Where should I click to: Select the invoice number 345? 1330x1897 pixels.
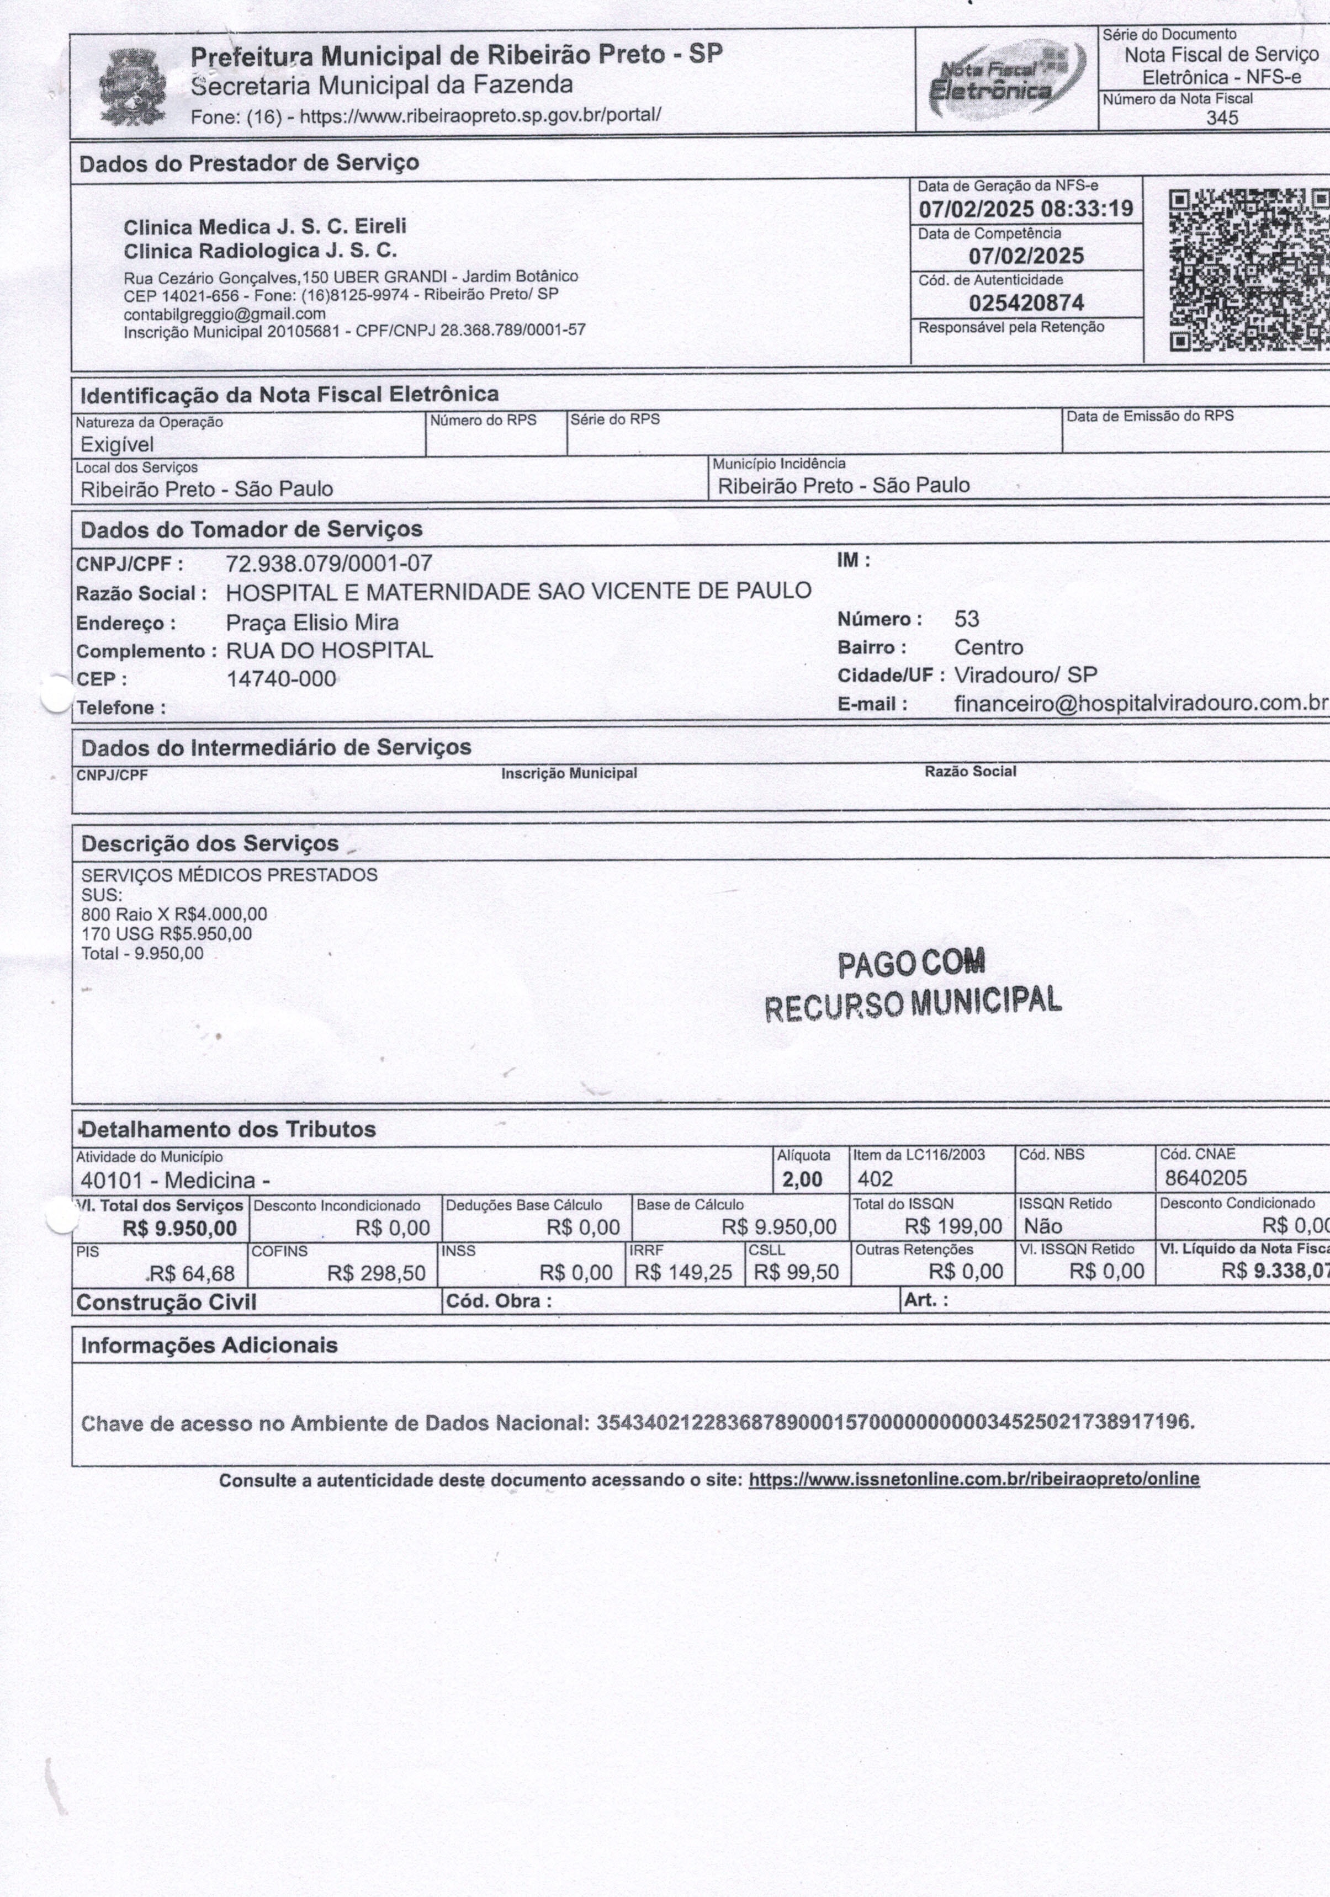[x=1222, y=118]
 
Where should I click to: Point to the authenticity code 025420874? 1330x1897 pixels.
[x=1026, y=303]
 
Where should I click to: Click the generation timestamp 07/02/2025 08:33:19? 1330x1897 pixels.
[x=1026, y=209]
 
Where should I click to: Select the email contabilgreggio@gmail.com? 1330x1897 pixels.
[x=225, y=314]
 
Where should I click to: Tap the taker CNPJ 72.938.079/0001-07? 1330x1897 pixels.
[x=329, y=564]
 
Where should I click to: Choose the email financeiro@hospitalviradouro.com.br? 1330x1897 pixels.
[x=1141, y=703]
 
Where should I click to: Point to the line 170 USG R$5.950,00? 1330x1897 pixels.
[x=166, y=934]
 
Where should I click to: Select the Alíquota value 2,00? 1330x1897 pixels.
[x=801, y=1179]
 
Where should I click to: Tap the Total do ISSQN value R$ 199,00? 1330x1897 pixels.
[x=953, y=1226]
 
